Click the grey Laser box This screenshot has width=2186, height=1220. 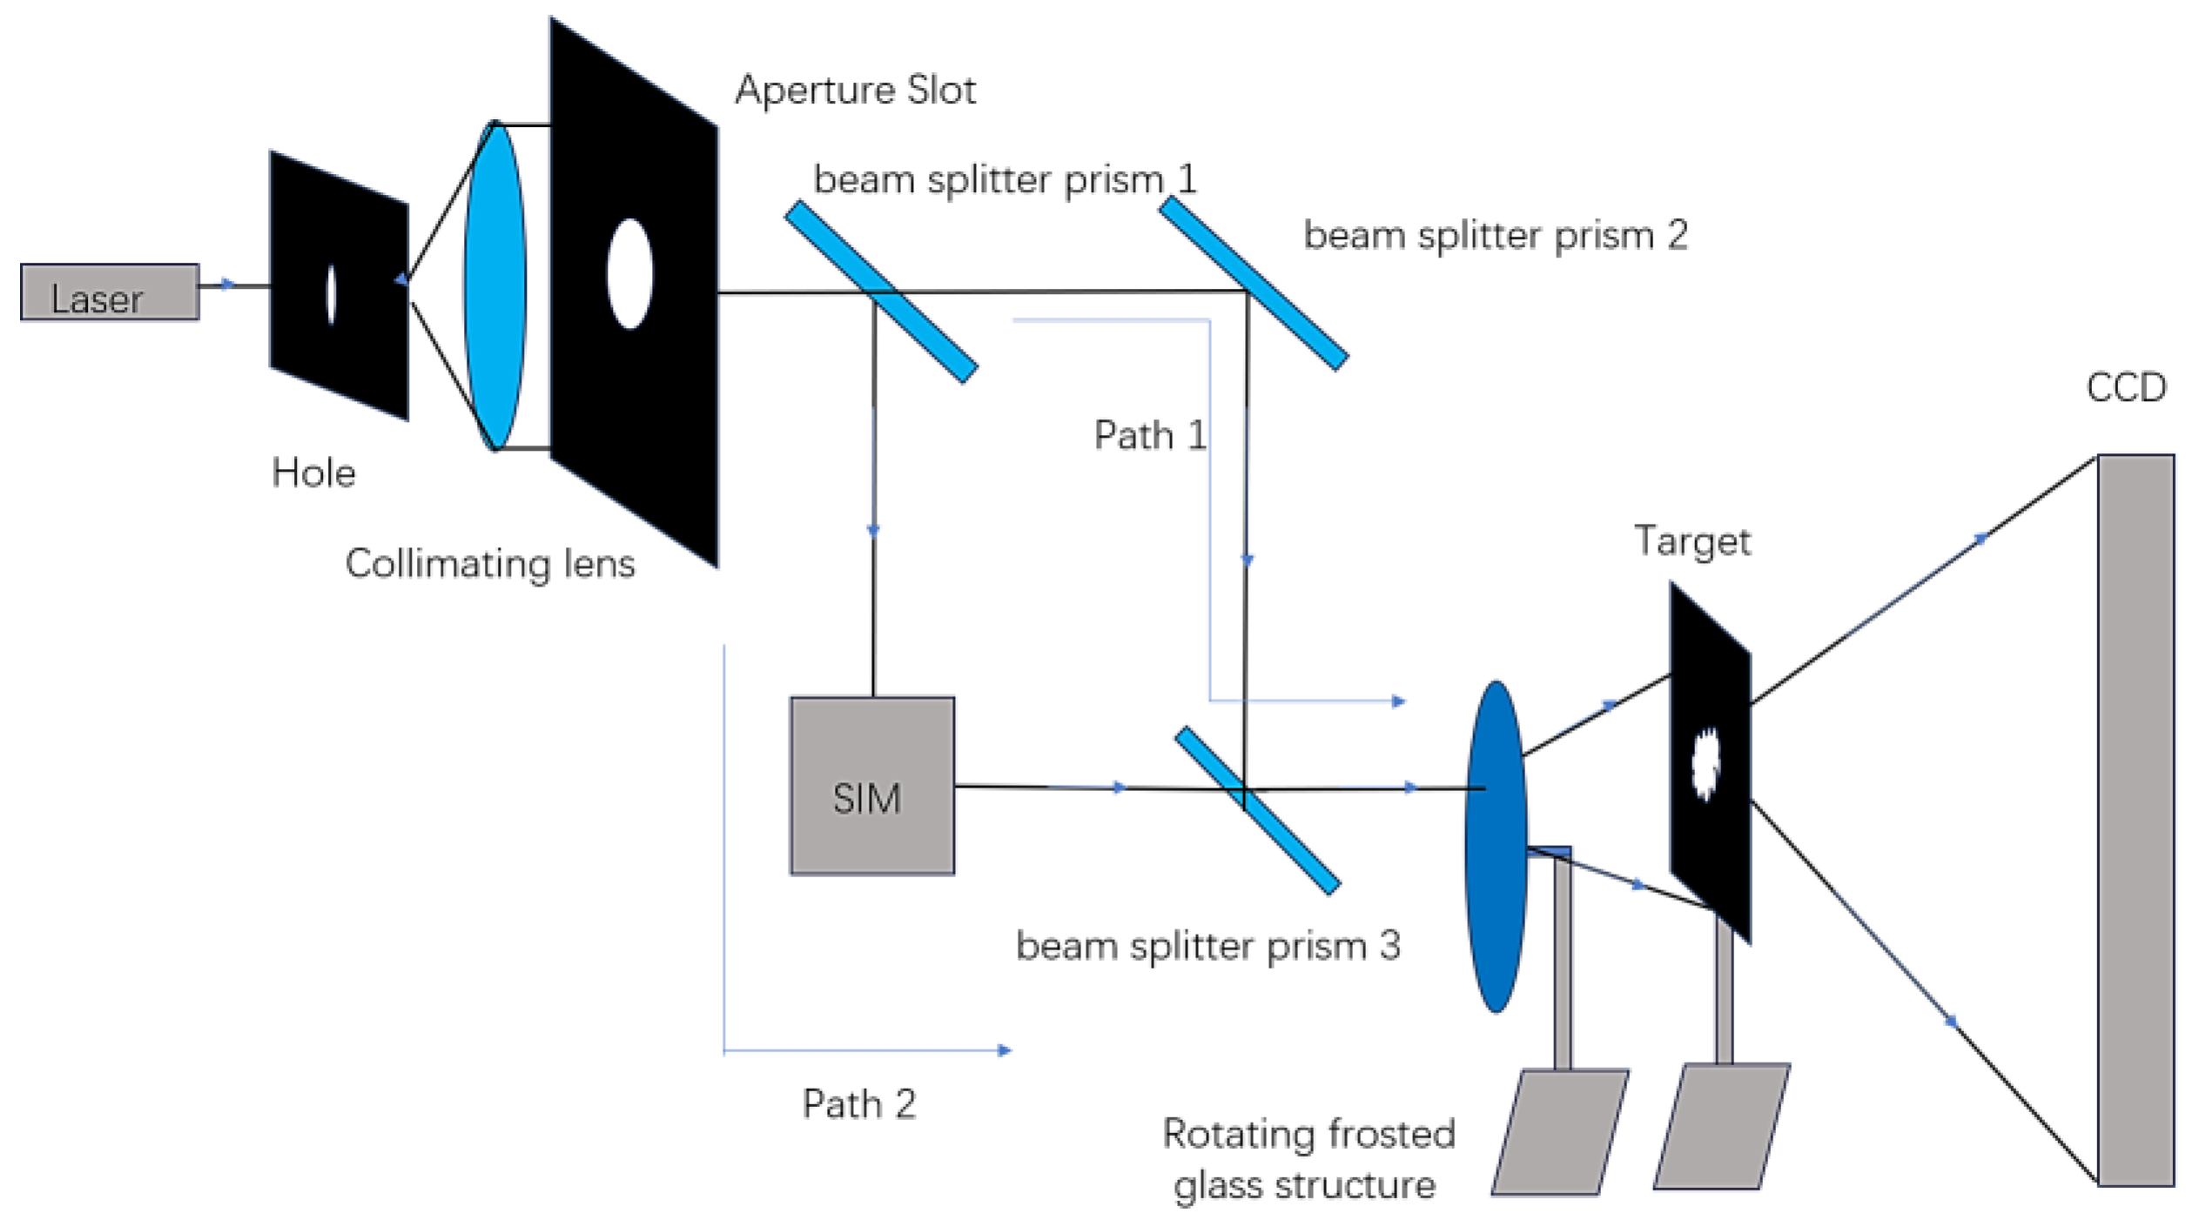click(110, 292)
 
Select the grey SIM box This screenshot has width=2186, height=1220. click(871, 785)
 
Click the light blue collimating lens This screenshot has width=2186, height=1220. click(494, 285)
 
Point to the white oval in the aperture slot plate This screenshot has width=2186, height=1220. click(629, 273)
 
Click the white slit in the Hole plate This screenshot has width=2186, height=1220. click(331, 294)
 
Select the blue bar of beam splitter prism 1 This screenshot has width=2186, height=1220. click(881, 292)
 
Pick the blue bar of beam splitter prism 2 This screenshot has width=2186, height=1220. click(1253, 283)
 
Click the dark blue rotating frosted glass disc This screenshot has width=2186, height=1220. click(1495, 846)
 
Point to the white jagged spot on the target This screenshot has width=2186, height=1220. click(1705, 763)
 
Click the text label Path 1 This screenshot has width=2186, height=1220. click(1149, 435)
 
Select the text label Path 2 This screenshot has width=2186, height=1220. click(858, 1103)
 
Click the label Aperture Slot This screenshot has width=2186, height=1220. click(855, 90)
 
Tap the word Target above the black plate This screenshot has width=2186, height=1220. click(1692, 541)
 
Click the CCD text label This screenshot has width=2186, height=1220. click(2125, 387)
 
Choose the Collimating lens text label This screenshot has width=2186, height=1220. click(490, 564)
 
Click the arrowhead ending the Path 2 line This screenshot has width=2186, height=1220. click(1004, 1050)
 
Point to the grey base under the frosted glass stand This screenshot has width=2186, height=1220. click(1559, 1131)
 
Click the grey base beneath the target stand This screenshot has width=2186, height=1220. click(1721, 1126)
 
